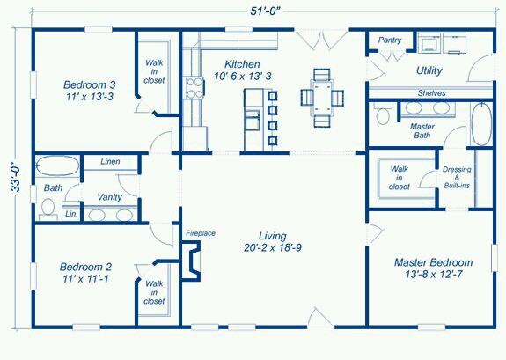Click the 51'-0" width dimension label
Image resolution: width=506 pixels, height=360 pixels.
coord(266,11)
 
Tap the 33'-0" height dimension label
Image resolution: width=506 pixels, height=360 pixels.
coord(16,177)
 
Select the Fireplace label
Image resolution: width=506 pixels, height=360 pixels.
coord(201,233)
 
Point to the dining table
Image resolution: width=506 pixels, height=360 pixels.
coord(322,98)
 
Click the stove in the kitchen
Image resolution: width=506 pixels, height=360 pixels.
coord(194,88)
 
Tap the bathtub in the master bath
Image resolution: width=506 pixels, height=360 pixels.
coord(481,124)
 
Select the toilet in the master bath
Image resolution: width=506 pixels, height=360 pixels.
coord(383,114)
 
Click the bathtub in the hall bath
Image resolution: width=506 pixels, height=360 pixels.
coord(57,165)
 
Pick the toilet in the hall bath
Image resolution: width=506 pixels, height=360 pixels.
coord(48,209)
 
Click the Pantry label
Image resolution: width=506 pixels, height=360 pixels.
coord(390,40)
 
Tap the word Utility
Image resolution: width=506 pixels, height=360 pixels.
coord(429,70)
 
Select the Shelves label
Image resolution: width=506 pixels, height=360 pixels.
coord(431,93)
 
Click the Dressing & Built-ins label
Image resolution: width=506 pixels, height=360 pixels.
coord(457,177)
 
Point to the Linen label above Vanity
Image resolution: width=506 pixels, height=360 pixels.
coord(110,161)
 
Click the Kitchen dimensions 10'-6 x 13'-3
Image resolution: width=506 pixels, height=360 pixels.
coord(242,77)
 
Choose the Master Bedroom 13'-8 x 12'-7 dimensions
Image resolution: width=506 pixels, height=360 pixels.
coord(433,275)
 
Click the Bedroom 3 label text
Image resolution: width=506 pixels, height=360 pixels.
coord(90,84)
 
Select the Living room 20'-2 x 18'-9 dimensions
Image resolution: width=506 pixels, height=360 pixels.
coord(273,247)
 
